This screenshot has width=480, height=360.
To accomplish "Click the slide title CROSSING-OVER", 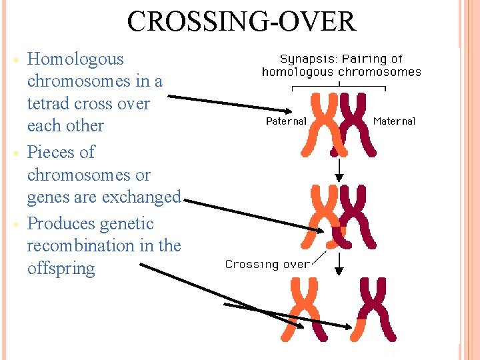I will [241, 21].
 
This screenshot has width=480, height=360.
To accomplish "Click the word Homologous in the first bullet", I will [75, 59].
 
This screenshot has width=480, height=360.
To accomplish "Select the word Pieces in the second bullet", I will [51, 153].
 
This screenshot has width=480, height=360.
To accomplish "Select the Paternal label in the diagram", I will [286, 121].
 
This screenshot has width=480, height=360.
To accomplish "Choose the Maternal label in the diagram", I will [394, 121].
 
